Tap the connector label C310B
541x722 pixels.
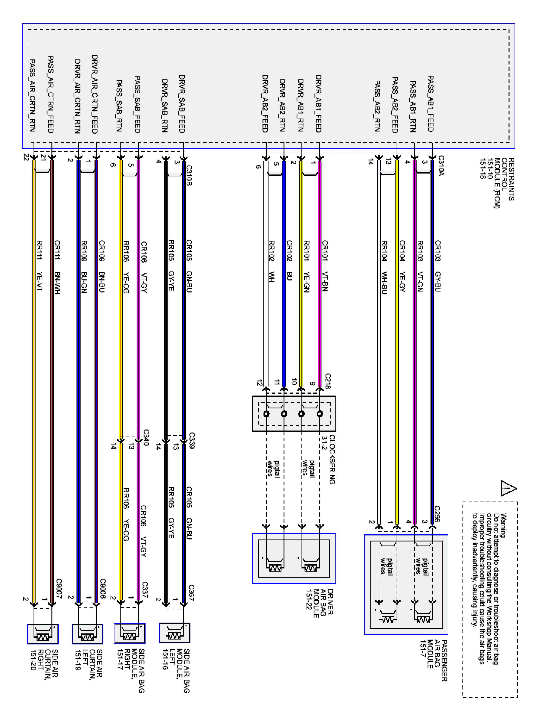click(x=189, y=175)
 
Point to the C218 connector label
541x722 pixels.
click(x=328, y=381)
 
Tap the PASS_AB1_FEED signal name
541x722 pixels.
click(x=430, y=104)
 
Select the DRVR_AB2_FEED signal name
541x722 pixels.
click(x=265, y=104)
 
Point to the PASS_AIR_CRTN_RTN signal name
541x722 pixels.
click(x=32, y=95)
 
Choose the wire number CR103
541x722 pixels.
click(x=437, y=251)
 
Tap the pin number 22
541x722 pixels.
click(x=26, y=157)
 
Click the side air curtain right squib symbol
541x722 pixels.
click(x=43, y=634)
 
